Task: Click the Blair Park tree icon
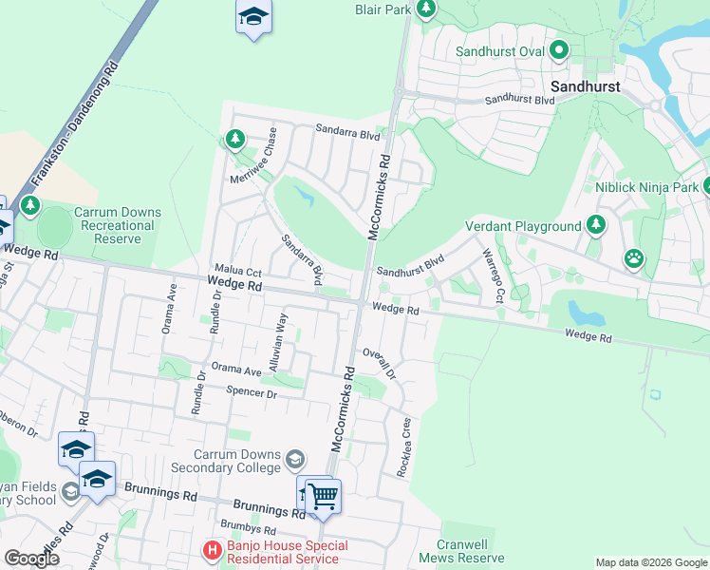click(426, 9)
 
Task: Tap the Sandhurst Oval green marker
click(560, 50)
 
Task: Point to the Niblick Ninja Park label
click(645, 186)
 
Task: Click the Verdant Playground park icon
click(595, 225)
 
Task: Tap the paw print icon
click(633, 257)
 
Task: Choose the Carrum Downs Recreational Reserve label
click(118, 226)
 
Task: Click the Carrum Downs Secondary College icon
click(295, 461)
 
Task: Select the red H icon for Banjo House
click(213, 550)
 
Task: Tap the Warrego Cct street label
click(493, 276)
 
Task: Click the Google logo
click(32, 559)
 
